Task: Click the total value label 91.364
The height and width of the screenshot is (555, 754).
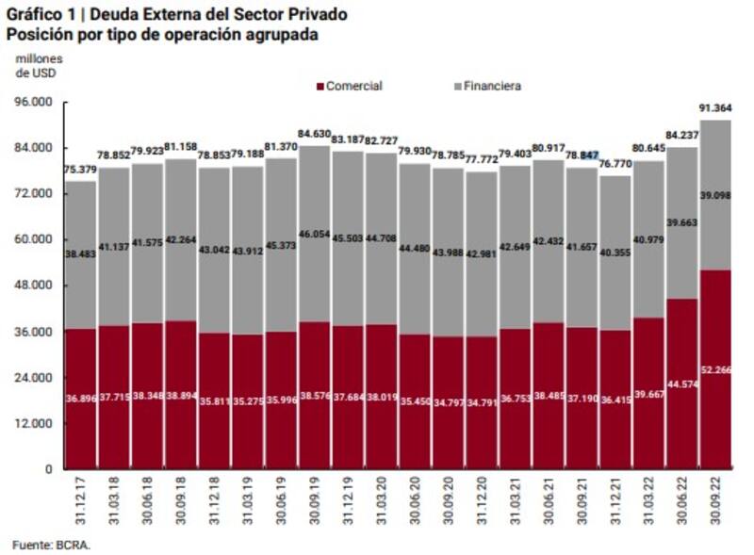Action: (717, 108)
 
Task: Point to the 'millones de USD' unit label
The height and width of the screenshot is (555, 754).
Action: (38, 66)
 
